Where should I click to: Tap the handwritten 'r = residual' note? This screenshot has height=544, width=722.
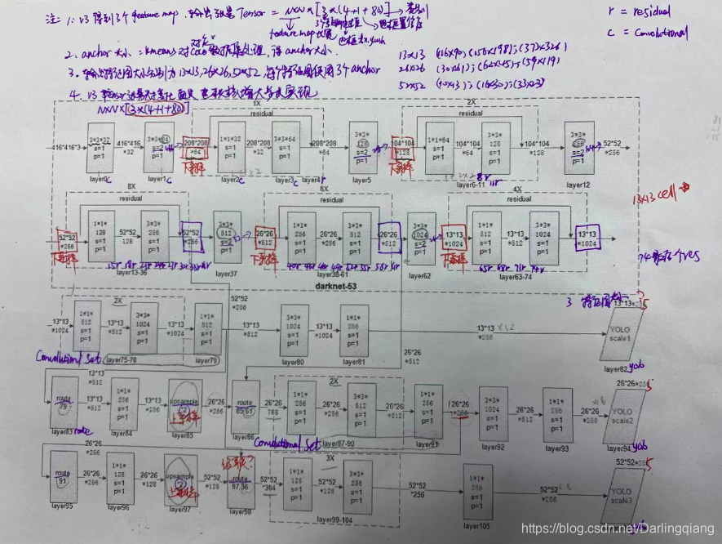tap(642, 13)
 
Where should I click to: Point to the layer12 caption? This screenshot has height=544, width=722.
tap(578, 185)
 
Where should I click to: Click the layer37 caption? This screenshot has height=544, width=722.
tap(227, 274)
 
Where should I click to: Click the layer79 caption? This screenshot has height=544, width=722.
tap(206, 360)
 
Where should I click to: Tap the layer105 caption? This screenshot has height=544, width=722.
tap(480, 526)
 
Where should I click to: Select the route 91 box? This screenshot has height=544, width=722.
tap(61, 478)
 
